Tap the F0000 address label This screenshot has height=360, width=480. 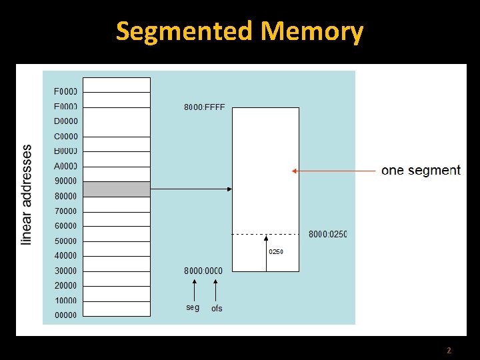pos(65,91)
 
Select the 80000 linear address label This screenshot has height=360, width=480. pos(65,196)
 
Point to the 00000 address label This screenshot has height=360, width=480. pos(65,315)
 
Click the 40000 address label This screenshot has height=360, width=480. pos(65,256)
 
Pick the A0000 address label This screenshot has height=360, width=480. pos(65,166)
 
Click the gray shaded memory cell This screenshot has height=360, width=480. pos(117,189)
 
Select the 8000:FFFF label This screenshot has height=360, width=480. pos(204,107)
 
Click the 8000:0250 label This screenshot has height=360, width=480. pos(327,234)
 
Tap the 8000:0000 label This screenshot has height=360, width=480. pos(203,271)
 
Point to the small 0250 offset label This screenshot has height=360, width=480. pos(276,252)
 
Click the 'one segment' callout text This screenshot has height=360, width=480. pos(421,171)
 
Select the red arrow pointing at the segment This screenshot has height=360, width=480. pos(333,171)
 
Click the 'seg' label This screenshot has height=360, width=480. pos(193,307)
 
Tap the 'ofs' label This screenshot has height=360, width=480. pos(217,308)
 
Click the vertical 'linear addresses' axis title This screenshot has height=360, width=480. pos(27,195)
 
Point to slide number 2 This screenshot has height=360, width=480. pos(449,350)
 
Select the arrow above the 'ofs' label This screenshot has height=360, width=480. pos(215,290)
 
